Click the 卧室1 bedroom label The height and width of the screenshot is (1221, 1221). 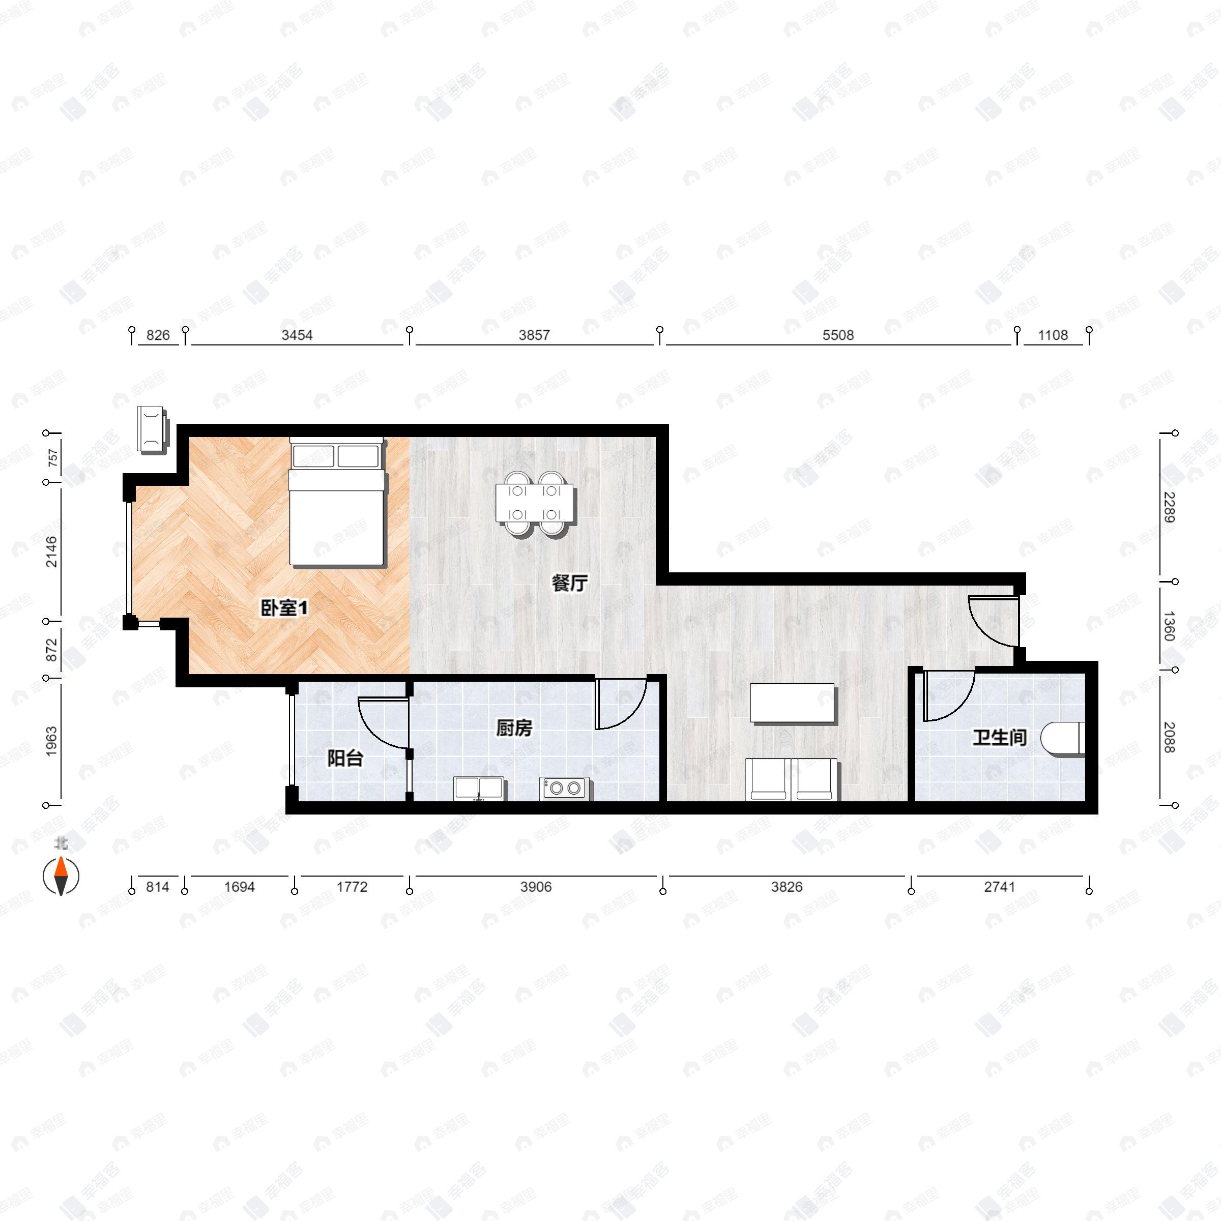(x=284, y=608)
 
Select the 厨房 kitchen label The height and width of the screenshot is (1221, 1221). (x=513, y=728)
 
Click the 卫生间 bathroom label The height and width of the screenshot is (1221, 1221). (x=999, y=737)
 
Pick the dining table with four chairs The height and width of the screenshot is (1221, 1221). (x=535, y=504)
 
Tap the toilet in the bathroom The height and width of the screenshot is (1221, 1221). (x=1064, y=738)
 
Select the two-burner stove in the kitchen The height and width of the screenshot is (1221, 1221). (x=564, y=789)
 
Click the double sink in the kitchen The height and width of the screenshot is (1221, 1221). (x=478, y=789)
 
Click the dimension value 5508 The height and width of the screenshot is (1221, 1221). (x=838, y=335)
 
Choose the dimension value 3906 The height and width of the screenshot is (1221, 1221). (x=536, y=887)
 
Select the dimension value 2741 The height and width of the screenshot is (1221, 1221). (x=999, y=887)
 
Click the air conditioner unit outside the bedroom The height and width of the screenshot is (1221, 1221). (x=152, y=429)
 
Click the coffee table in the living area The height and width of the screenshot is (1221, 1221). (x=793, y=703)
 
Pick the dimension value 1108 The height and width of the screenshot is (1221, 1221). (x=1053, y=335)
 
